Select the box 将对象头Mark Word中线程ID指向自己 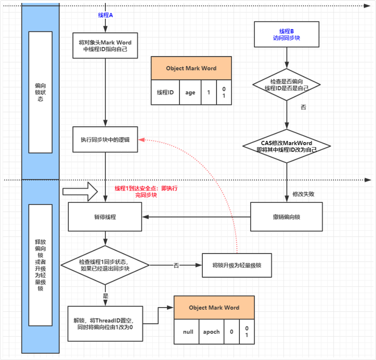105,45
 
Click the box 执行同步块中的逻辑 105,139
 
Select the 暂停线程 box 105,217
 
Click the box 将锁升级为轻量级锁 237,265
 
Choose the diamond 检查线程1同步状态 105,265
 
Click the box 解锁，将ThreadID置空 105,323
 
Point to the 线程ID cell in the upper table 165,92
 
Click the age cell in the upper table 190,92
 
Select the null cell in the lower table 188,332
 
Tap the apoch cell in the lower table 211,332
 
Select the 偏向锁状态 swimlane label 40,92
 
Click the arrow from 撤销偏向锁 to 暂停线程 197,217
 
